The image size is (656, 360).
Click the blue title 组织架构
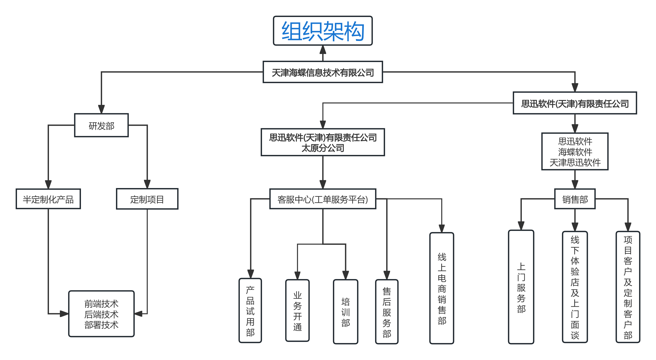tap(323, 31)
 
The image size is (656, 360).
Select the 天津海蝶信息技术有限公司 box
tap(323, 72)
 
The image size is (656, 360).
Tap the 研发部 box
tap(101, 125)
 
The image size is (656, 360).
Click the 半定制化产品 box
tap(48, 199)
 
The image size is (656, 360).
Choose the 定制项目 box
tap(147, 199)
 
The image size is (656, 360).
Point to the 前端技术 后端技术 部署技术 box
tap(101, 314)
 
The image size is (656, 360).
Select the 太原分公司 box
tap(323, 142)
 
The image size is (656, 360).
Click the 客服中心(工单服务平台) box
tap(323, 199)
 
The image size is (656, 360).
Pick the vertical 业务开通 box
tap(297, 311)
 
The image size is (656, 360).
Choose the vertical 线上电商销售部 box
tap(442, 288)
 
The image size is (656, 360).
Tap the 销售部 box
tap(575, 199)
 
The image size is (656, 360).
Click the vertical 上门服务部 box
tap(521, 287)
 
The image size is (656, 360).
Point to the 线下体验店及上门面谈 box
tap(575, 287)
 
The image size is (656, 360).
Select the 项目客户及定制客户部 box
tap(628, 287)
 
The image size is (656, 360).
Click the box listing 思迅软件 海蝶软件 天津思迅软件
tap(575, 151)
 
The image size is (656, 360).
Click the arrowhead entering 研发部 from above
tap(101, 109)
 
